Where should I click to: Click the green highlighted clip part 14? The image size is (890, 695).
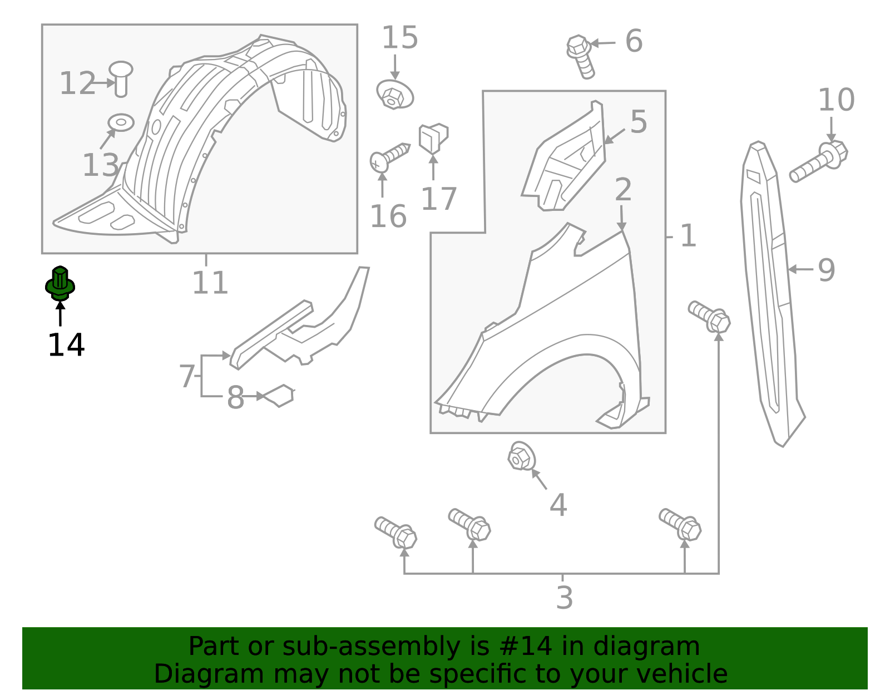click(60, 284)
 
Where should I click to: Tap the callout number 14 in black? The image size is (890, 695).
click(66, 346)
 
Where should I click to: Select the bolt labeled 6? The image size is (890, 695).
click(581, 56)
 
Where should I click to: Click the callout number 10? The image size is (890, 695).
click(836, 101)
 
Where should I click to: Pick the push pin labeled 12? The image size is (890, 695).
click(121, 78)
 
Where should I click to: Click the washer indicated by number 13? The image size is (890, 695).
click(121, 122)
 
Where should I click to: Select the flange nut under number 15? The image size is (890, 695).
click(395, 95)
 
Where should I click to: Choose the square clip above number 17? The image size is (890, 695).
click(433, 137)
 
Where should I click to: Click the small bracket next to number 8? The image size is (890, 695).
click(280, 395)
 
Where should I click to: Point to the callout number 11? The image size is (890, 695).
click(210, 283)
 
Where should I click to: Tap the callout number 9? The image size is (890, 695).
click(826, 270)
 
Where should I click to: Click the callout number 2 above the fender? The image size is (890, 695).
click(623, 190)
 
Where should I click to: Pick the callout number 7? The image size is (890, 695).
click(187, 377)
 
